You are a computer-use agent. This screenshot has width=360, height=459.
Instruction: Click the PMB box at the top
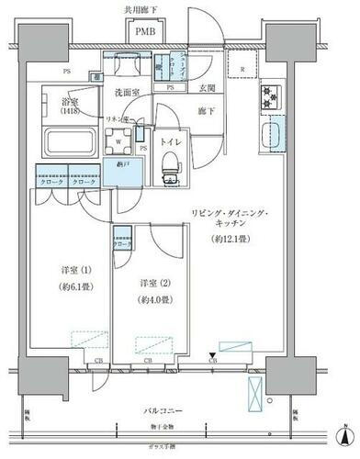point(145,32)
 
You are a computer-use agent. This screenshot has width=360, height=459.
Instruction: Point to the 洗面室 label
point(127,93)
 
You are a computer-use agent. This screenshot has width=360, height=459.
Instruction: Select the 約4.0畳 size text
point(152,299)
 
